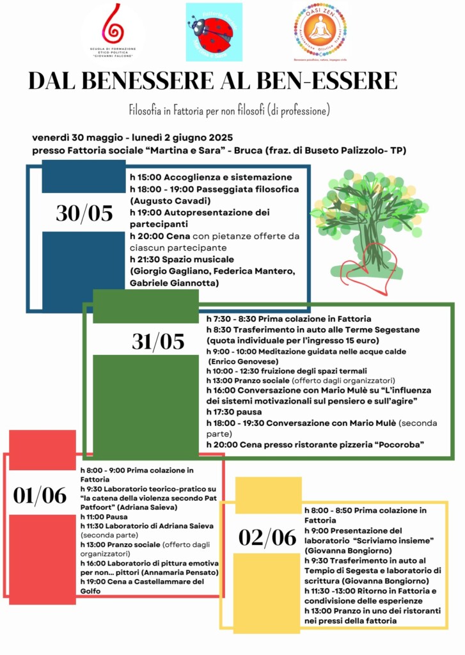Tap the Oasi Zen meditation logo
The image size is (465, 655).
[x=319, y=30]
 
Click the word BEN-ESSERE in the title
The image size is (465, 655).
[x=327, y=81]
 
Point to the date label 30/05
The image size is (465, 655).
[x=84, y=214]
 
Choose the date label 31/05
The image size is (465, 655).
[x=158, y=342]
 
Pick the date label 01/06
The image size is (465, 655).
[x=40, y=495]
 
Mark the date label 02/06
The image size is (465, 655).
[x=267, y=537]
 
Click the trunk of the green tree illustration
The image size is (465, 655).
[x=367, y=237]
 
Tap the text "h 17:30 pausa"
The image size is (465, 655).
[x=233, y=411]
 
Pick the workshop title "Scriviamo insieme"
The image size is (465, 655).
[x=393, y=540]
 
